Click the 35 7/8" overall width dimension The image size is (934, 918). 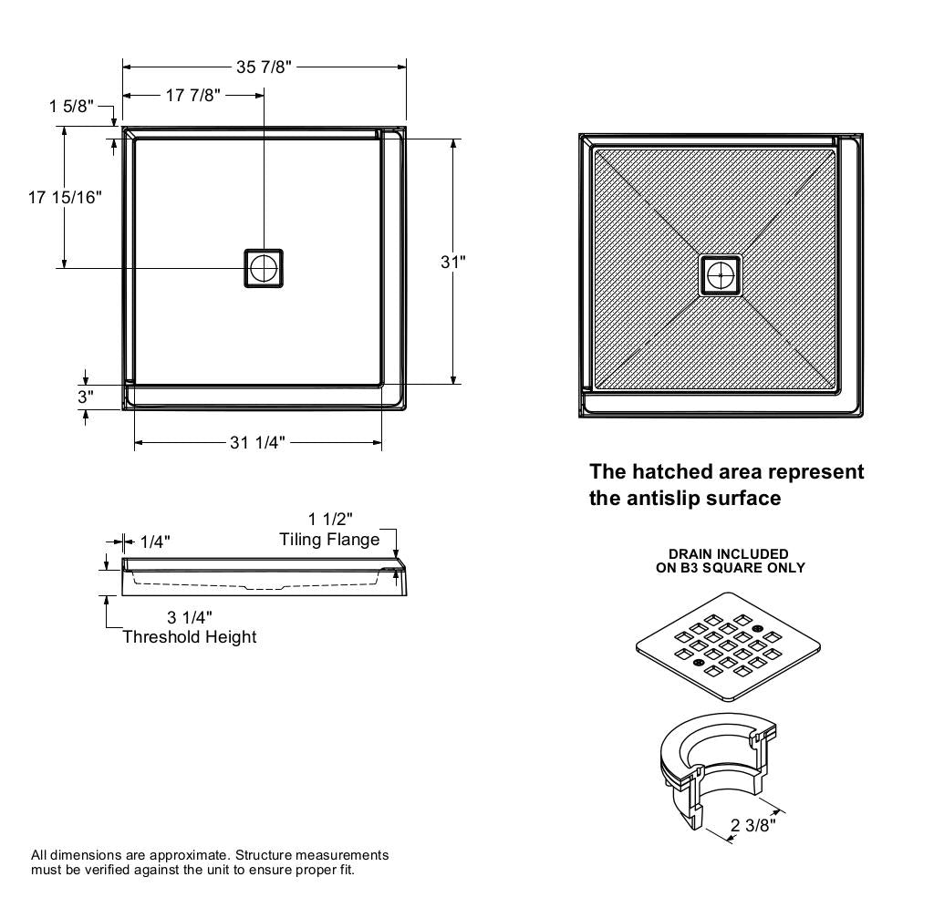click(x=264, y=67)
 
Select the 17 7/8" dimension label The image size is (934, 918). click(x=192, y=95)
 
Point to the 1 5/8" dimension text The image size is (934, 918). click(x=71, y=107)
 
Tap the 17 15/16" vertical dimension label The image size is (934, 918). click(x=65, y=196)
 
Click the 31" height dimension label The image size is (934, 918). click(x=453, y=263)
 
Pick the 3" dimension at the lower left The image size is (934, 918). click(x=85, y=397)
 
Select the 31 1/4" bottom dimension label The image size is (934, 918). click(x=257, y=443)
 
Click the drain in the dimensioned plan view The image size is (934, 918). click(x=264, y=268)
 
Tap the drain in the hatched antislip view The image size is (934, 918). click(x=721, y=274)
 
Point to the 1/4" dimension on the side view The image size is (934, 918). click(x=154, y=542)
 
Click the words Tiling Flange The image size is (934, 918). click(x=329, y=540)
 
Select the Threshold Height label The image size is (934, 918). click(x=190, y=637)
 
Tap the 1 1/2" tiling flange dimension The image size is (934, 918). click(x=330, y=520)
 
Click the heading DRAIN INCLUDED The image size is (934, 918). click(x=729, y=553)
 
